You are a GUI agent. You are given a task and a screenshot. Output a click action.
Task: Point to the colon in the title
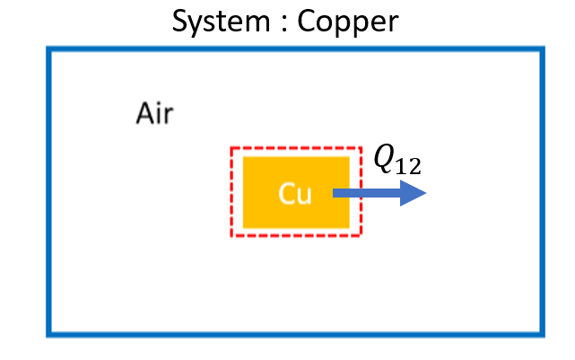[286, 22]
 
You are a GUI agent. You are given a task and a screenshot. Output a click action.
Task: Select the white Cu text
[294, 193]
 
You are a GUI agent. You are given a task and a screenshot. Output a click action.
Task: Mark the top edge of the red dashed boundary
[296, 148]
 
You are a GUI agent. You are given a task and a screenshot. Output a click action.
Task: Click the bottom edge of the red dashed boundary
[296, 236]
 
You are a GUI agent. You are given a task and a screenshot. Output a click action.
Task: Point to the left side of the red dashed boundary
[232, 192]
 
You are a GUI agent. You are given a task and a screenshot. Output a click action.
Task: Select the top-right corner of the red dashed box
[360, 148]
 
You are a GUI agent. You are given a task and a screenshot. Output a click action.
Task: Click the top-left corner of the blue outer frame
[48, 49]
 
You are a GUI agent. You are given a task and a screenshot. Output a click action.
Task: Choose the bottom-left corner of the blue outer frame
[48, 335]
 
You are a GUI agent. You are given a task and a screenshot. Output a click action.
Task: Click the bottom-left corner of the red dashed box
[232, 236]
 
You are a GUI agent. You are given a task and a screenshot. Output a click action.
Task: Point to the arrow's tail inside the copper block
[335, 193]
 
